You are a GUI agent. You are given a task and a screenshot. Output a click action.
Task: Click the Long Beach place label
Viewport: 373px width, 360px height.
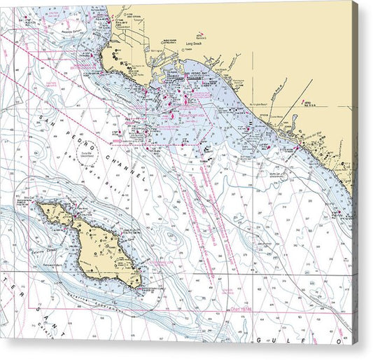click(x=194, y=44)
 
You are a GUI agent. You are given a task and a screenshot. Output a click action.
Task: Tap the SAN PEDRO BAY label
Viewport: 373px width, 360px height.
click(x=195, y=74)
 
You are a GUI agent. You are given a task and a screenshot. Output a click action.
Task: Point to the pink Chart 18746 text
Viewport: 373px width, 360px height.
click(x=237, y=307)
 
